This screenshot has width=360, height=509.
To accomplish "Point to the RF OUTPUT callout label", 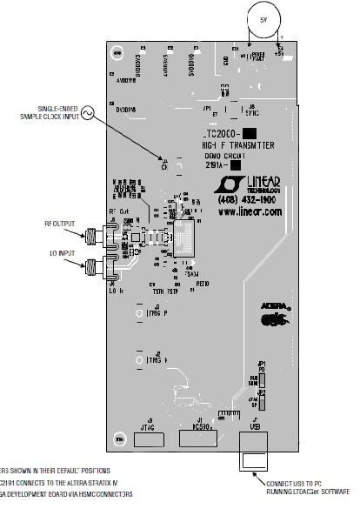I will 61,224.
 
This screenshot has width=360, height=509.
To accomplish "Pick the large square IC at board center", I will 187,237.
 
